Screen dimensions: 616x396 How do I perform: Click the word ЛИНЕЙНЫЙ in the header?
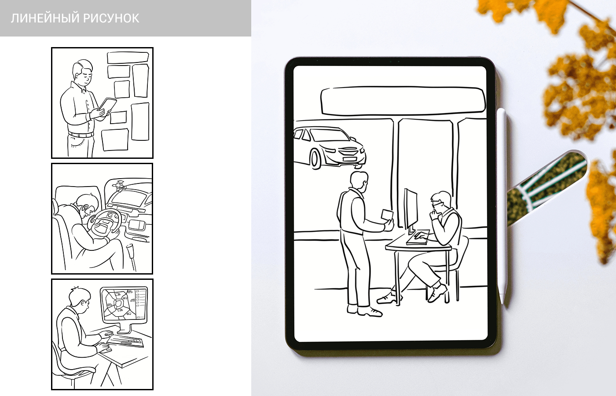click(x=45, y=18)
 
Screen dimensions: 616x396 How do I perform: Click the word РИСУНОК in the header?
click(x=111, y=18)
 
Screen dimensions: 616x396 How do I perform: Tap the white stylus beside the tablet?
click(x=502, y=206)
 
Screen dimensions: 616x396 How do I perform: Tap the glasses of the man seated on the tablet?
click(x=436, y=204)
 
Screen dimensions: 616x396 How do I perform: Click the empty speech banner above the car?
click(x=403, y=101)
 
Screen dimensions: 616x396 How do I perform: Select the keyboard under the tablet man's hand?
click(x=418, y=238)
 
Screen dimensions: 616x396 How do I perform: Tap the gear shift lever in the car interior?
click(x=131, y=257)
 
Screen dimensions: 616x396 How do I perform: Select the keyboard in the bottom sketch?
click(x=125, y=341)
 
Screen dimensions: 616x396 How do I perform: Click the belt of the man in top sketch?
click(x=81, y=135)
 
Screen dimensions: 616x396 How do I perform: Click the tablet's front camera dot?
click(x=391, y=62)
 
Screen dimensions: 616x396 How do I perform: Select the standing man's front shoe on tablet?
click(x=370, y=312)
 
